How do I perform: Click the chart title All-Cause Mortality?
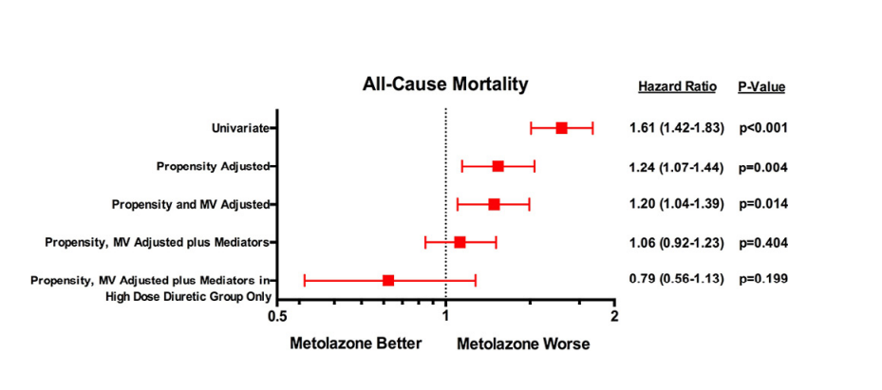[x=445, y=84]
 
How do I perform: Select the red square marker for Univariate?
[x=561, y=128]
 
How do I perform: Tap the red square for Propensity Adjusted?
[x=497, y=166]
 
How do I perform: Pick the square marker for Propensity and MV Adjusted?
[x=494, y=204]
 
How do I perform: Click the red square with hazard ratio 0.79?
[x=388, y=280]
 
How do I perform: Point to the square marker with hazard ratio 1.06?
[x=460, y=242]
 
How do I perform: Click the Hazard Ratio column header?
[x=677, y=87]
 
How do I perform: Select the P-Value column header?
[x=761, y=87]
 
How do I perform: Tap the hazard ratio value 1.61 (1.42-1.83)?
[x=677, y=128]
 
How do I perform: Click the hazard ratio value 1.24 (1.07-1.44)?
[x=677, y=167]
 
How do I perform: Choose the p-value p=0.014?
[x=763, y=204]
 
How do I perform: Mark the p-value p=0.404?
[x=763, y=242]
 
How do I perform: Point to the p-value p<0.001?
[x=763, y=128]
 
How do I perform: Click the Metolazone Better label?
[x=355, y=344]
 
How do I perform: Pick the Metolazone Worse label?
[x=523, y=344]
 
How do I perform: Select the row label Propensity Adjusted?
[x=212, y=166]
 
